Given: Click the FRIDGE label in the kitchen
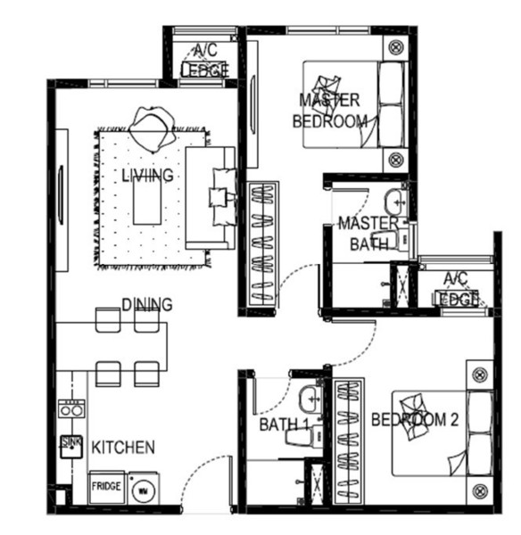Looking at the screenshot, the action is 106,486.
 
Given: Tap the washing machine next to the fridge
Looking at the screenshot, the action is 144,489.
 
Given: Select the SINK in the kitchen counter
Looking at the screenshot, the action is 71,447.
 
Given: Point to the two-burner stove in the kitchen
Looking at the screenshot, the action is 71,408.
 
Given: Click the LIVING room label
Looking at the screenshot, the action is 147,176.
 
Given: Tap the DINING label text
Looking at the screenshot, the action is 147,304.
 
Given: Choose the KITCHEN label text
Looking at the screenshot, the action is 123,448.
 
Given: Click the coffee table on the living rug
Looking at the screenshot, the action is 147,202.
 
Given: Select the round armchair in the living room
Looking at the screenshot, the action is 152,128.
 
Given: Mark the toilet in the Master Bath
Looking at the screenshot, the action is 389,239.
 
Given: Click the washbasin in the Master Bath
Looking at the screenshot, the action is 395,202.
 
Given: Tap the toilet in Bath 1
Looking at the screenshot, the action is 304,436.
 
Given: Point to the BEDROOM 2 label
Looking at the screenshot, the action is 415,420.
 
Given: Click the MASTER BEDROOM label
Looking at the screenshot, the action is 330,111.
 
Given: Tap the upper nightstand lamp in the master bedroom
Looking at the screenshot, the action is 396,46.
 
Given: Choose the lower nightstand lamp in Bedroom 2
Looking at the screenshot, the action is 480,490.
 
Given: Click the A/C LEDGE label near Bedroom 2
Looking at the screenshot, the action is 456,289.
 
